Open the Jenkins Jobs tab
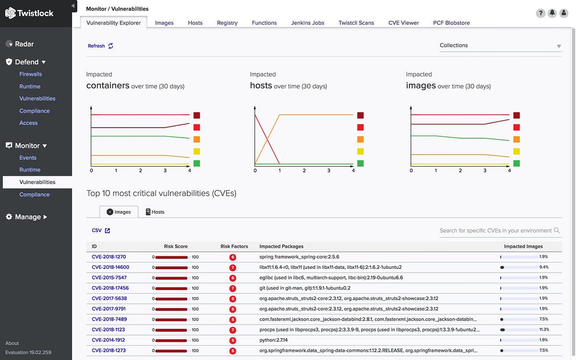click(x=307, y=23)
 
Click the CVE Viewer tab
click(x=403, y=23)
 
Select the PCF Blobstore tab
click(x=451, y=23)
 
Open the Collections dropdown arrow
click(x=559, y=46)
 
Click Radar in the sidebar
click(x=24, y=44)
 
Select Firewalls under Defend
click(x=30, y=74)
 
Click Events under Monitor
click(x=28, y=157)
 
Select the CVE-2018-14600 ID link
click(x=110, y=267)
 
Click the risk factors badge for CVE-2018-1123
click(x=233, y=330)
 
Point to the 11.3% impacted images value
click(x=544, y=330)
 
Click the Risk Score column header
click(x=176, y=246)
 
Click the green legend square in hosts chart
click(x=360, y=163)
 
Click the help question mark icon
click(x=540, y=13)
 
